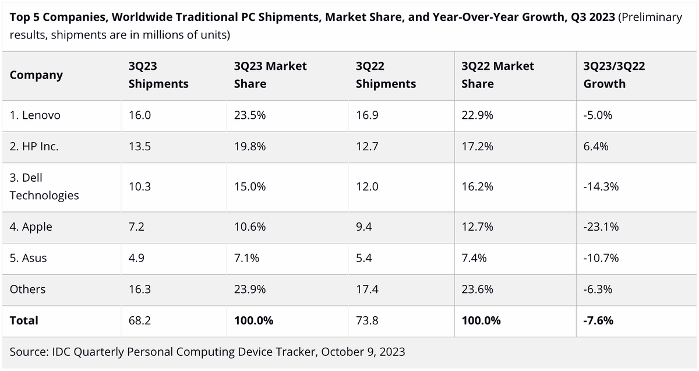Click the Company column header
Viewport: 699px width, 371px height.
pos(36,75)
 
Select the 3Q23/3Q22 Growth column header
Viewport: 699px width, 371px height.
pos(613,75)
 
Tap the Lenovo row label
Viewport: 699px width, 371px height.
pos(35,115)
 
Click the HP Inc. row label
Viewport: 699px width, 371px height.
pos(34,147)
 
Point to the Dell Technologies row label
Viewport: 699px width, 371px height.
pos(44,186)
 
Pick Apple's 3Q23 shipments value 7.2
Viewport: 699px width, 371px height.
pos(136,227)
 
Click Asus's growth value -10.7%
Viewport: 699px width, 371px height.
pos(601,258)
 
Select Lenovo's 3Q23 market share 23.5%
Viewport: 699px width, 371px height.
pos(250,115)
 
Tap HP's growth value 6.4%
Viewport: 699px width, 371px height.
pos(596,147)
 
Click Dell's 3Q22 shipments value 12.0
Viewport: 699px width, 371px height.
pos(367,186)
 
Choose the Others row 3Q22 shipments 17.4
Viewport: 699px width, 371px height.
pos(367,289)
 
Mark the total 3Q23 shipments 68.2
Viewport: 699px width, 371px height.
pos(140,320)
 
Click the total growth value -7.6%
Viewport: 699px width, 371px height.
pos(598,320)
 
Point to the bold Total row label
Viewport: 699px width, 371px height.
pos(24,320)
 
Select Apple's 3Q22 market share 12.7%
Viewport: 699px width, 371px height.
pos(478,227)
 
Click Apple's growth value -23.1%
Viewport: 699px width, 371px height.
pos(601,227)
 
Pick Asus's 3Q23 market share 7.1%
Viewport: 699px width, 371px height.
pos(247,258)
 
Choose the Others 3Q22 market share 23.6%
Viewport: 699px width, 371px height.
pos(478,289)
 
